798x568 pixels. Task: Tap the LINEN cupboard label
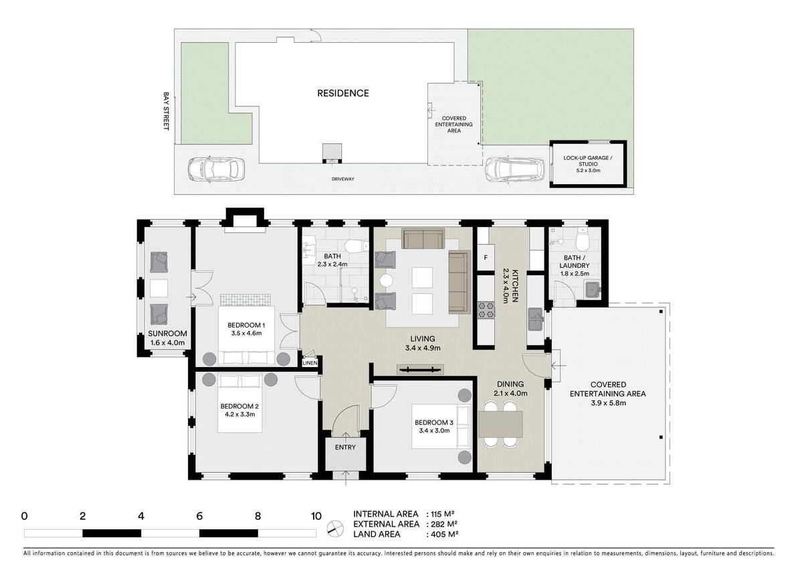[310, 363]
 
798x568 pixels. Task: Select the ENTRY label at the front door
[345, 447]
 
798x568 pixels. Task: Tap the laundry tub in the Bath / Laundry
[591, 290]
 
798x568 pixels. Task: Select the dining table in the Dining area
[500, 424]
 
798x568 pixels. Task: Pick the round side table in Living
[386, 280]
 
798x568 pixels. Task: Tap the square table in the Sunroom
[159, 287]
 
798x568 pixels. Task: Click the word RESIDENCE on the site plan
[342, 93]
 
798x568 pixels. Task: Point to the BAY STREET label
[166, 111]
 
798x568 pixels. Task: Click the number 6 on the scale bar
[199, 516]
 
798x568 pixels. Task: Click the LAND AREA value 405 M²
[442, 535]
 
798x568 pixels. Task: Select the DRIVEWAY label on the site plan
[342, 180]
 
